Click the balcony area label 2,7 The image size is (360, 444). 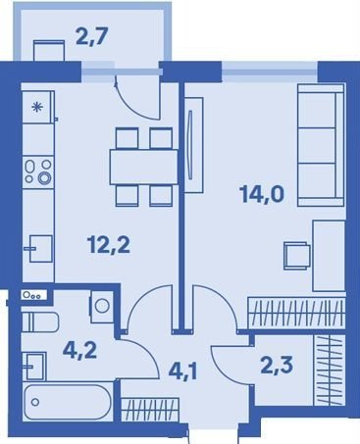(91, 36)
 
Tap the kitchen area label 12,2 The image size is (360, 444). (109, 245)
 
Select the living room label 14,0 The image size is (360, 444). (262, 194)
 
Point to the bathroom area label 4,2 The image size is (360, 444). (79, 351)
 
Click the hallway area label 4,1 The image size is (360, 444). (182, 371)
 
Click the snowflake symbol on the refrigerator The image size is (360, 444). (38, 107)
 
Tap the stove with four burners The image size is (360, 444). (38, 172)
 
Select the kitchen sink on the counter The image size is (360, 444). (40, 249)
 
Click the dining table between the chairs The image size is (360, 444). (144, 167)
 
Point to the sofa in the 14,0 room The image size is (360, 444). (321, 145)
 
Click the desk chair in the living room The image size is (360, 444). (296, 256)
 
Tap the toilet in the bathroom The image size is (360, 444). (40, 321)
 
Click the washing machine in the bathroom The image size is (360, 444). (101, 306)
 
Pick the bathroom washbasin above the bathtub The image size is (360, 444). (34, 366)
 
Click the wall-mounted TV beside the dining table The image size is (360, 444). (193, 144)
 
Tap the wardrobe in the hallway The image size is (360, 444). (150, 410)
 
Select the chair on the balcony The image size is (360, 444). (48, 51)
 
